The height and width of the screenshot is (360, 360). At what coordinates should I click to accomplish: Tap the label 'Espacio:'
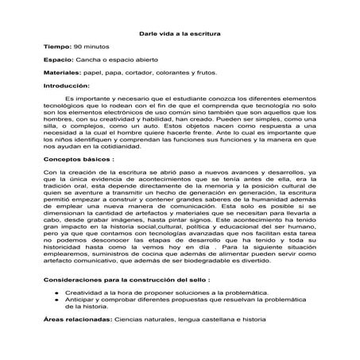click(x=59, y=60)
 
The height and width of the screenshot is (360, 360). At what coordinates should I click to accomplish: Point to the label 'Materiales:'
click(x=64, y=72)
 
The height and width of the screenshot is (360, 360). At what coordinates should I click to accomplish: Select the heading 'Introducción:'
click(x=67, y=84)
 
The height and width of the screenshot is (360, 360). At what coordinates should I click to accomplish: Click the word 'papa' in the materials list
click(x=121, y=72)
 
